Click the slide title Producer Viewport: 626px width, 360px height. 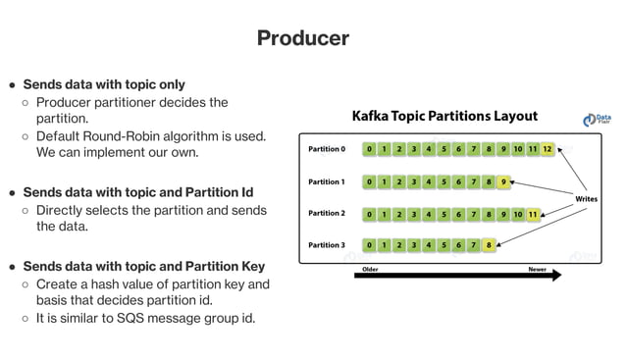302,38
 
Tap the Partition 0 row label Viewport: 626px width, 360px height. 327,150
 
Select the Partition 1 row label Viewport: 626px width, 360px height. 327,181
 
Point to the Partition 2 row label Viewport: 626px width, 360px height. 327,213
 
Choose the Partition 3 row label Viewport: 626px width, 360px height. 327,244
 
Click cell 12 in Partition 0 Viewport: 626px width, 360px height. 547,150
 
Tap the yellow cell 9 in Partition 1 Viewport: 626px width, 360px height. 502,181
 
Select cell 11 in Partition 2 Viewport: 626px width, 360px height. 532,213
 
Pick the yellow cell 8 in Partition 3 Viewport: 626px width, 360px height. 488,244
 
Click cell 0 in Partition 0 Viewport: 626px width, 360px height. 369,150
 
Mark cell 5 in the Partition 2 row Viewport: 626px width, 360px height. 443,213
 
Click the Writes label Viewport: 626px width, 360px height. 587,198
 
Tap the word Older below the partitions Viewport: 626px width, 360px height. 370,268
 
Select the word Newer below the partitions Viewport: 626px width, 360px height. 537,268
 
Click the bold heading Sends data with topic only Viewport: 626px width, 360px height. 104,84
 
